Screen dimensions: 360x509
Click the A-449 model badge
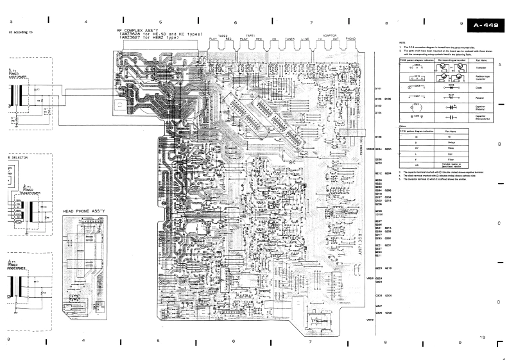tap(487, 26)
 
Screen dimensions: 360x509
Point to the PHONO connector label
tap(350, 39)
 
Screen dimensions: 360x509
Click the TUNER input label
tap(289, 39)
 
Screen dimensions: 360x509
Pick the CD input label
tap(274, 39)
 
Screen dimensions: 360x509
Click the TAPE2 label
tap(223, 35)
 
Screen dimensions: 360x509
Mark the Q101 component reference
tap(378, 88)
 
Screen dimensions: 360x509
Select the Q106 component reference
tap(378, 137)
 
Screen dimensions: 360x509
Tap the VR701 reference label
tap(370, 320)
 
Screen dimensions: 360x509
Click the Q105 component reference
tap(388, 99)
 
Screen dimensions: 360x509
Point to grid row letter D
tap(499, 302)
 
